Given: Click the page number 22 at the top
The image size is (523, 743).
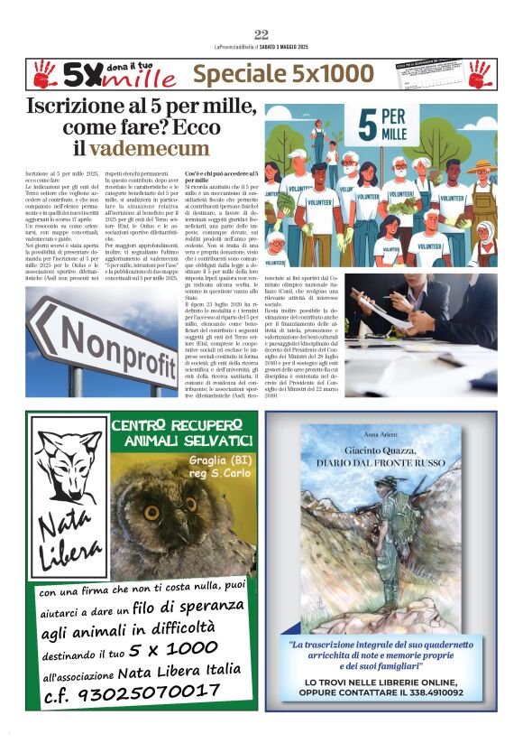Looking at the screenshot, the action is point(261,34).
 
